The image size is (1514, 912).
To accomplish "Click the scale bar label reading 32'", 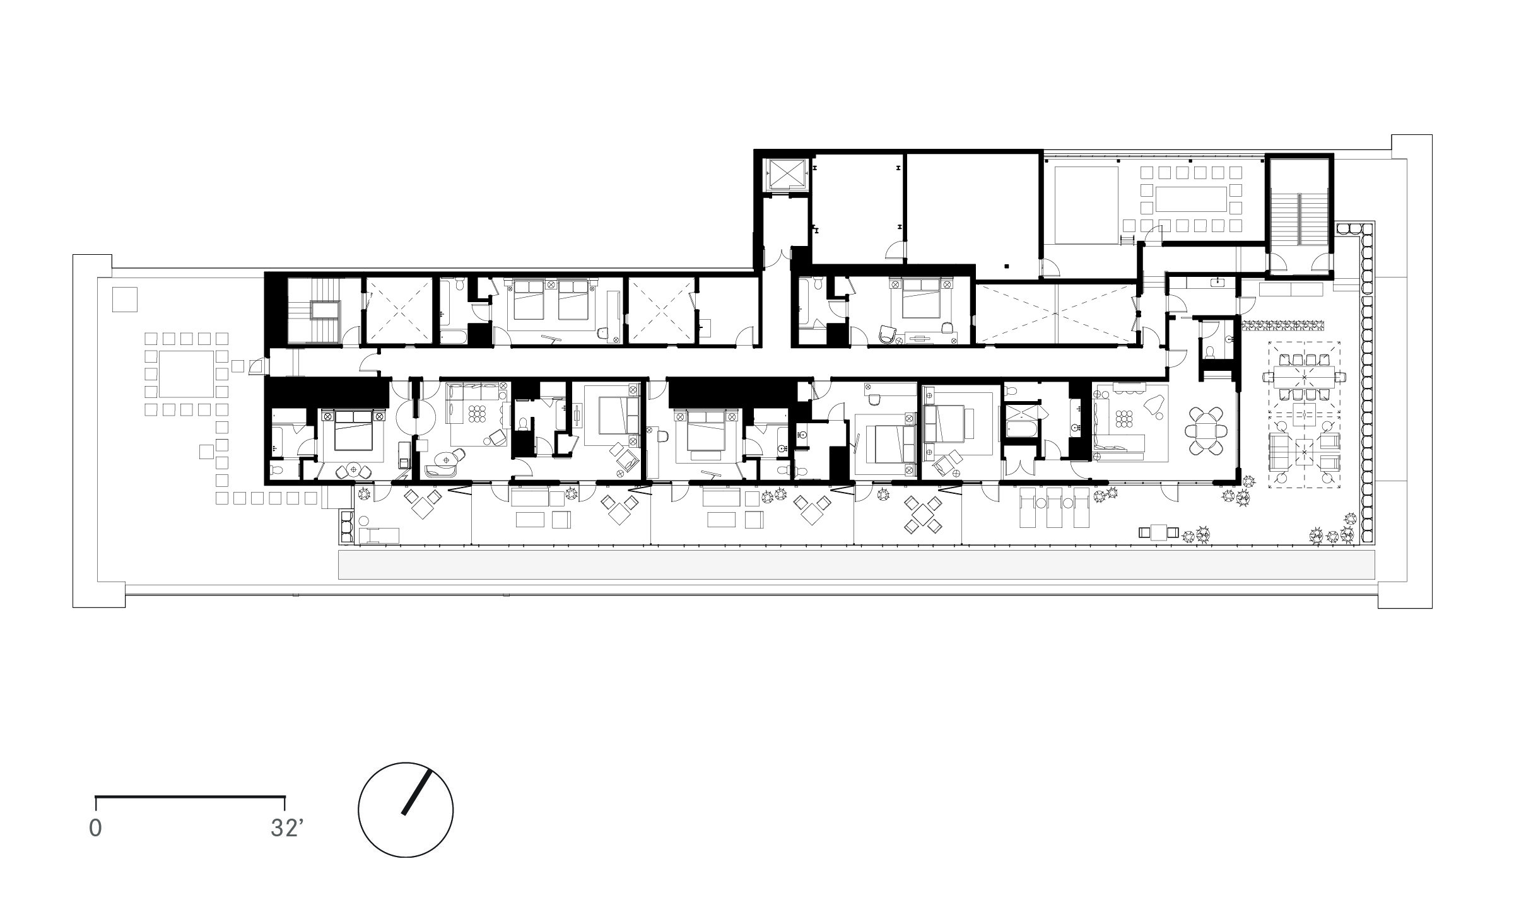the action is (x=287, y=828).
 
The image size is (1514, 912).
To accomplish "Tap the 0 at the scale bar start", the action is (x=95, y=828).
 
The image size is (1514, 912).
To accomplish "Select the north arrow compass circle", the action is (x=406, y=810).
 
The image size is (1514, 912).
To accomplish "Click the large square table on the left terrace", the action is (x=186, y=375).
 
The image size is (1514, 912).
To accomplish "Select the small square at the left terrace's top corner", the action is (x=125, y=299).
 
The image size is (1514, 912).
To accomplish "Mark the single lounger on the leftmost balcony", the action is (x=378, y=535).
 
